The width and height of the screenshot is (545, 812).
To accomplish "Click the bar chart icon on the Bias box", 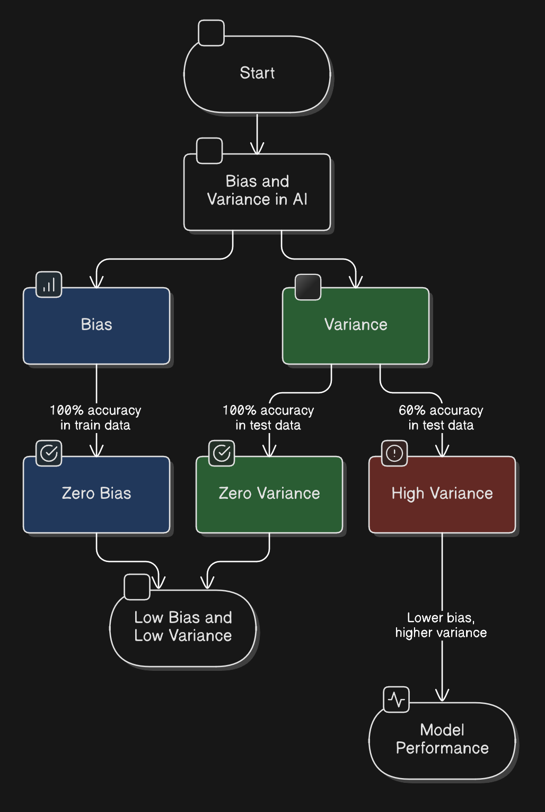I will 49,284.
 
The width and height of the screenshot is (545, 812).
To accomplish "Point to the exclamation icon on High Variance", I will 394,453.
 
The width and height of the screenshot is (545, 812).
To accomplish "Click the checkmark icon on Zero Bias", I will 49,453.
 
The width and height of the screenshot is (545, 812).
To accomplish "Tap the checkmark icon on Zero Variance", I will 222,453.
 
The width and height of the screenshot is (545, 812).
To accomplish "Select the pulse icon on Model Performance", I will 396,699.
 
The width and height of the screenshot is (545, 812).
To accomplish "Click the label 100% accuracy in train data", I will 95,418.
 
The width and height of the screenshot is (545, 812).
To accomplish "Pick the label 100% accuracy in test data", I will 268,418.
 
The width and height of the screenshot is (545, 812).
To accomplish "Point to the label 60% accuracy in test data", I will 441,418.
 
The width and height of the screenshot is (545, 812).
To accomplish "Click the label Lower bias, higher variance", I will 441,625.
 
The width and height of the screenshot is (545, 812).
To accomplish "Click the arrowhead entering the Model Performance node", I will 442,696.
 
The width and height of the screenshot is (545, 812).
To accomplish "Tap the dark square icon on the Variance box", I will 308,287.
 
